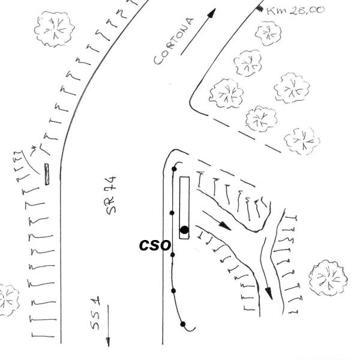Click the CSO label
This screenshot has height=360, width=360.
pos(155,245)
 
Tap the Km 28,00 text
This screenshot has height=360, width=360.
pos(295,11)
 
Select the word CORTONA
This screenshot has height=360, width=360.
pos(174,41)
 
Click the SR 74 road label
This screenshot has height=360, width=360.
pos(111,196)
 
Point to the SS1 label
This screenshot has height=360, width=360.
pos(95,313)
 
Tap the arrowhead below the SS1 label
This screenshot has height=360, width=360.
pos(108,341)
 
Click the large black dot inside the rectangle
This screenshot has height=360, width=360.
pos(184,230)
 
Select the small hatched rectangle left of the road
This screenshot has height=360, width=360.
pos(47,174)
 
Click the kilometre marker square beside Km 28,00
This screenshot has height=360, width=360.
pos(260,8)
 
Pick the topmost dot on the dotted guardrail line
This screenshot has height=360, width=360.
pos(174,169)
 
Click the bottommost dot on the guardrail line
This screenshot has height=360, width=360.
pos(183,324)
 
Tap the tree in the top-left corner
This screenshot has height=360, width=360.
pos(55,29)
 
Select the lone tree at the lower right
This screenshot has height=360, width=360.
pos(328,278)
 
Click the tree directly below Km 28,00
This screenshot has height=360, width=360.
pos(268,34)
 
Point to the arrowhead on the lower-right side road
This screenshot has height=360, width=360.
pos(269,293)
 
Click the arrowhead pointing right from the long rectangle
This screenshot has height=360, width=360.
pos(225,226)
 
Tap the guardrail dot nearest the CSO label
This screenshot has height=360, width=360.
pos(173,254)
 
